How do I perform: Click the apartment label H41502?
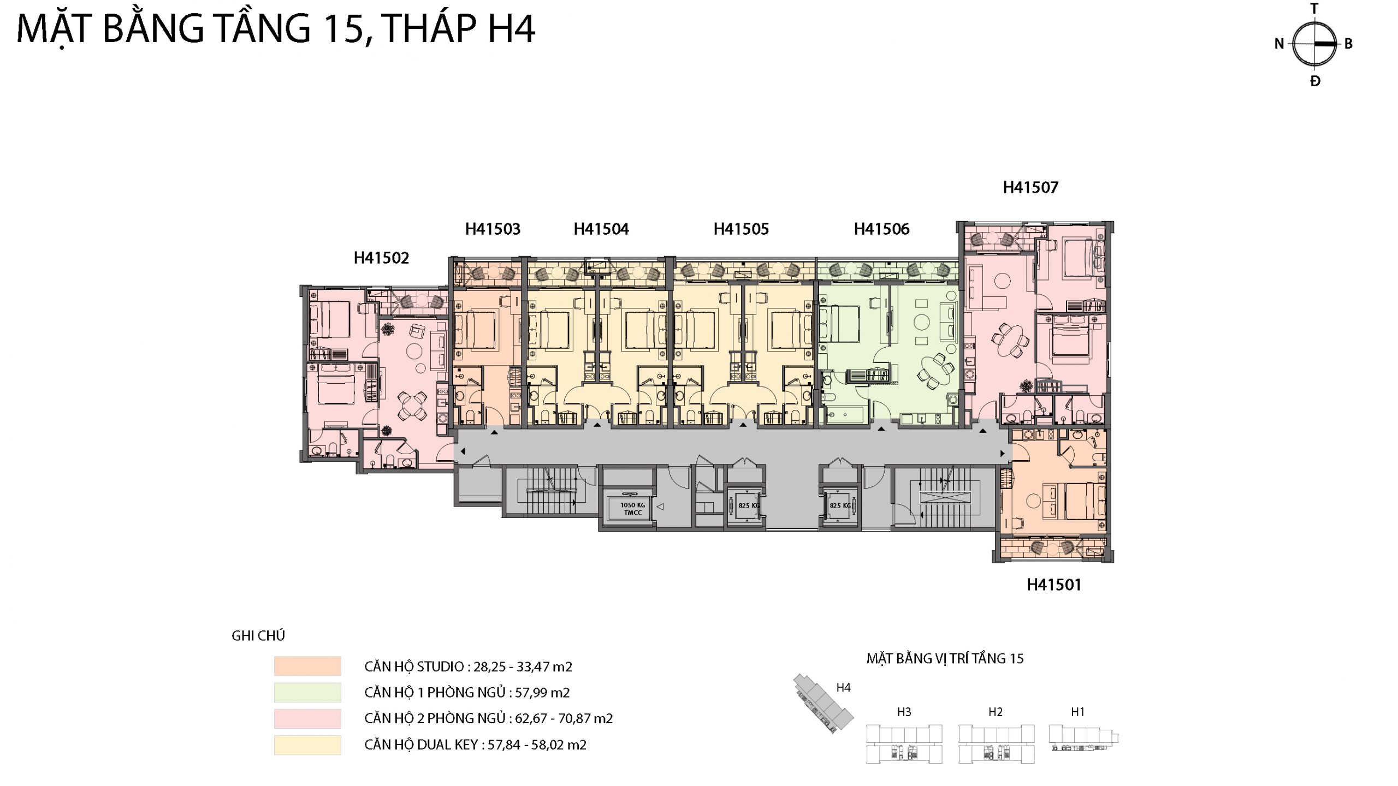(381, 258)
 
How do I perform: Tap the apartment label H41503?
(493, 229)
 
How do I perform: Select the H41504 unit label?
(601, 229)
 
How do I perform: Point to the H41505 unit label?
(741, 229)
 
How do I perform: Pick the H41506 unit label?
(882, 229)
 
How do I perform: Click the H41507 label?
(1030, 187)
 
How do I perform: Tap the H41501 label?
(1054, 585)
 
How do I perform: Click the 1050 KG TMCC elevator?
(633, 509)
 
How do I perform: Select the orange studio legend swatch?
(307, 666)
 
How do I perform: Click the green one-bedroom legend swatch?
(307, 692)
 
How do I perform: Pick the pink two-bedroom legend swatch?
(307, 718)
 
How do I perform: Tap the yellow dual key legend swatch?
(307, 745)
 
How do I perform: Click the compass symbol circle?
(1314, 44)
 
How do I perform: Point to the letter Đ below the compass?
(1316, 81)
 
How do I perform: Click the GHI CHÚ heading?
(258, 635)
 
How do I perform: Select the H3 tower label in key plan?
(904, 712)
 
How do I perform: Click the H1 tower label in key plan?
(1077, 712)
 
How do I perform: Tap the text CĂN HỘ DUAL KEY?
(421, 745)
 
